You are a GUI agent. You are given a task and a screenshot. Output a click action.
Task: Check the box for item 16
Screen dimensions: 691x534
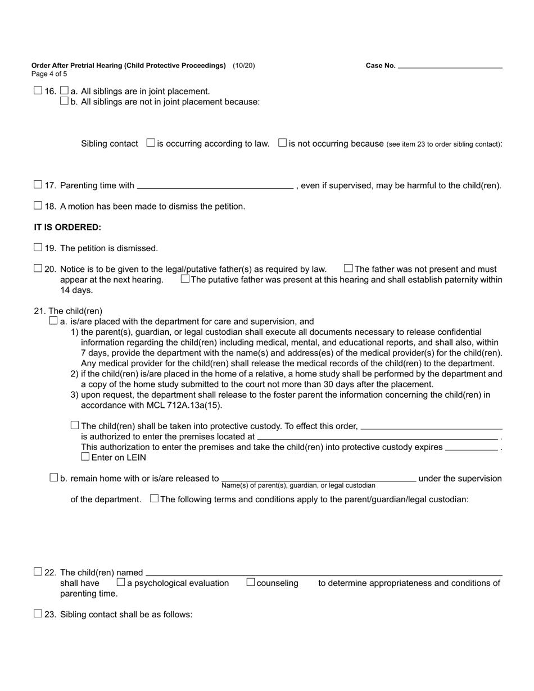tap(38, 90)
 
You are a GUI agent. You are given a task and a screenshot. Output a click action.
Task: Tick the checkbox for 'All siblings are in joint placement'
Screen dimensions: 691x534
tap(64, 90)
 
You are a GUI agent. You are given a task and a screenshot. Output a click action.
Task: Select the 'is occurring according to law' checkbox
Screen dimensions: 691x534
tap(151, 143)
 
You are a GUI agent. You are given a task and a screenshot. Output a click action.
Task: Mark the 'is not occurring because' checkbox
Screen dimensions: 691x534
tap(283, 143)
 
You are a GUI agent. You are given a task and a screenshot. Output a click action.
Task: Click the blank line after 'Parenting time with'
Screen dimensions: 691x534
tap(215, 185)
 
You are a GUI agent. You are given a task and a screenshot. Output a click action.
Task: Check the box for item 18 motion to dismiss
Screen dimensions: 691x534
tap(38, 206)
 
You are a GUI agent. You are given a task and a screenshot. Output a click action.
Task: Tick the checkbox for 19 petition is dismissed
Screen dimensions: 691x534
tap(38, 247)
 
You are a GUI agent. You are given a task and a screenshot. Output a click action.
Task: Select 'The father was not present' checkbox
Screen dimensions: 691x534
tap(349, 269)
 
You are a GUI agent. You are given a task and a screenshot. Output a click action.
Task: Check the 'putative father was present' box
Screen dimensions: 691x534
tap(185, 279)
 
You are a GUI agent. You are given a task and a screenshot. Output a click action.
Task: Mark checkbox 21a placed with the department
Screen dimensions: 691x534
tap(53, 321)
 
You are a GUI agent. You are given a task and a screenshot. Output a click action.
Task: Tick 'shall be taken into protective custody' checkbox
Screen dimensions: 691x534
tap(75, 425)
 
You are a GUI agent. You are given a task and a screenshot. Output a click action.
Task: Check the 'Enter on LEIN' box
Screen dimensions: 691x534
tap(85, 457)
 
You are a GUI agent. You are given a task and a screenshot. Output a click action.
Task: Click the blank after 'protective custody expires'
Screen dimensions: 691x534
tap(471, 448)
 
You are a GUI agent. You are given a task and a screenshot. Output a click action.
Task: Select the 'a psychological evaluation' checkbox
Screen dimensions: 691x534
tap(121, 583)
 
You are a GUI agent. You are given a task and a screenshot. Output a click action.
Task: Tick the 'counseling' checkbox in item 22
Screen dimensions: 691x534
tap(251, 583)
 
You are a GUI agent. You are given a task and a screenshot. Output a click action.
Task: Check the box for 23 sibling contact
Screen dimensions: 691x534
tap(38, 613)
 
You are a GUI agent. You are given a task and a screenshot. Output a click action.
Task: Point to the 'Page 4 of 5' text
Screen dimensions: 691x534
tap(49, 74)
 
